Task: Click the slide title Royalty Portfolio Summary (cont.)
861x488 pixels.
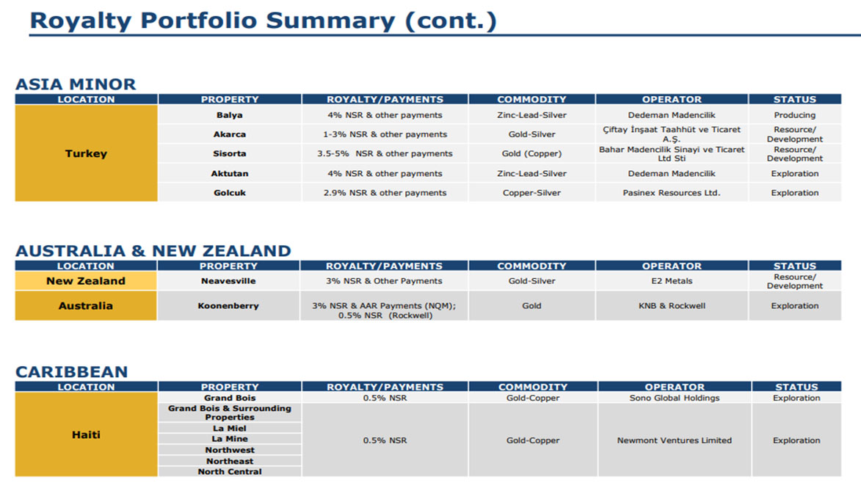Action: (263, 21)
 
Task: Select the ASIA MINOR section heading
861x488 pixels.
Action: (75, 84)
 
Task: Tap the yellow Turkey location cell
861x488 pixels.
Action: (86, 153)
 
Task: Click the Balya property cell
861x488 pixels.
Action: (230, 114)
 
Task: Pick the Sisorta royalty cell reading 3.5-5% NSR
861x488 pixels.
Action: (385, 153)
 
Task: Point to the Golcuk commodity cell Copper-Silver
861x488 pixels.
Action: (531, 193)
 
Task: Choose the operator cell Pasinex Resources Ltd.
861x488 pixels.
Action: (672, 193)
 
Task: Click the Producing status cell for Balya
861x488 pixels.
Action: (794, 114)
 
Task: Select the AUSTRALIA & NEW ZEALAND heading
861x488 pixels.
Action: (153, 251)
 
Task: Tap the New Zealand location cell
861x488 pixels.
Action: (86, 281)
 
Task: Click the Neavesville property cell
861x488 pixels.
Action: (228, 281)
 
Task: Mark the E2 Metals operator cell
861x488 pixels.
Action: (672, 281)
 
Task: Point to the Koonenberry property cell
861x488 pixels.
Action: (228, 306)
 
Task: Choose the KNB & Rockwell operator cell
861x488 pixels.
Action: (672, 306)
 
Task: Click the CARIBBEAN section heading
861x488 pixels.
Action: (71, 371)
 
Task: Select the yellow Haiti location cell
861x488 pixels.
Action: (86, 434)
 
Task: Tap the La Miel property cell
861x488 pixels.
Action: (230, 428)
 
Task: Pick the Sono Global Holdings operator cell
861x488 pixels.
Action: (675, 398)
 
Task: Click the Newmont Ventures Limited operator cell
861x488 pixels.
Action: (675, 440)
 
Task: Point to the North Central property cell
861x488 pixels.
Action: (230, 472)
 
